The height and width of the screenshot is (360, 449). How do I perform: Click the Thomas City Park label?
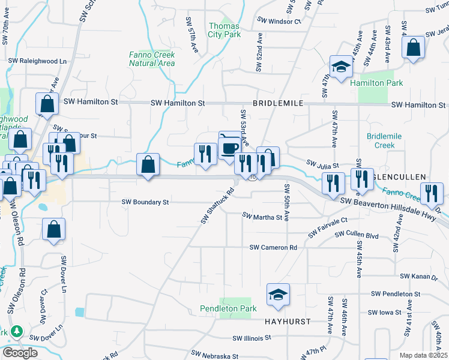click(224, 30)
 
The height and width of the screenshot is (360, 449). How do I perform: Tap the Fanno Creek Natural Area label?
click(152, 59)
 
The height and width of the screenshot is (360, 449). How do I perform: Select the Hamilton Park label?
click(377, 83)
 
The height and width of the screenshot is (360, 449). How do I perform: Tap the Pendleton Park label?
click(228, 308)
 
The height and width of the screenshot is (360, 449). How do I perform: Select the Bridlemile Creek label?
click(381, 141)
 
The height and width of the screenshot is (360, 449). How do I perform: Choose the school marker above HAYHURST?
click(278, 294)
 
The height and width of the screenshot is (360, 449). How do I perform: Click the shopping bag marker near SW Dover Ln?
click(54, 229)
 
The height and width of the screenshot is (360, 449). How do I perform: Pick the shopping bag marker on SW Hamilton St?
click(47, 104)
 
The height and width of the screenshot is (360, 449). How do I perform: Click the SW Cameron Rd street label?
click(273, 247)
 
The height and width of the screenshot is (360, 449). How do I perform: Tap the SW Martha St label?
click(262, 216)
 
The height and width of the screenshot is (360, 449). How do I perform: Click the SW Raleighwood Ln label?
click(37, 61)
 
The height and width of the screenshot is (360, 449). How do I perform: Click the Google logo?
click(19, 353)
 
